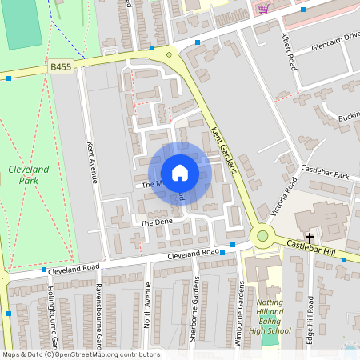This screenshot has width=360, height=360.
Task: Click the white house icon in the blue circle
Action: point(180,173)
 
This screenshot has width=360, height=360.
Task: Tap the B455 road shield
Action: point(61,69)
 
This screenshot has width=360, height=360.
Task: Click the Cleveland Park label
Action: point(29,175)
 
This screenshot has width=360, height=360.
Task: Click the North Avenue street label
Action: point(147,303)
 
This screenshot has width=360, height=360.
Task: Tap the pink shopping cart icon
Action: point(263,9)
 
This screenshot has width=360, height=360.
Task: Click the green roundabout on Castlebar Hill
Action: point(262,236)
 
